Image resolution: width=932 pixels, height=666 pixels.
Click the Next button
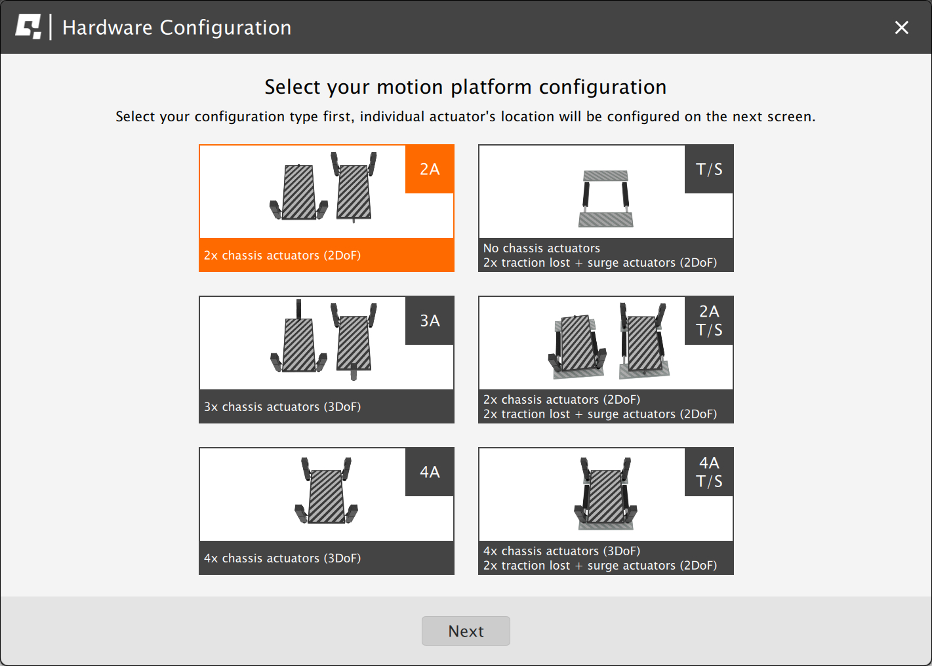[466, 631]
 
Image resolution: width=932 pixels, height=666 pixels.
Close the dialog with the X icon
[901, 28]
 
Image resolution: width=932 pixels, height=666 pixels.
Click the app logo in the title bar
[28, 27]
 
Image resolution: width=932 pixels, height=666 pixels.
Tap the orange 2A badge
[430, 168]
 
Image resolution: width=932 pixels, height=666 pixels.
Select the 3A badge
[430, 320]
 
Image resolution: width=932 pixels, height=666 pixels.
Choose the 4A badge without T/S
[430, 471]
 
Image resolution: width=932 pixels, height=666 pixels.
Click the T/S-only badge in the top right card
[709, 168]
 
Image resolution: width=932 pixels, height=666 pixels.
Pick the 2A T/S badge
[709, 320]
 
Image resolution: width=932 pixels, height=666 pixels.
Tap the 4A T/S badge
[709, 471]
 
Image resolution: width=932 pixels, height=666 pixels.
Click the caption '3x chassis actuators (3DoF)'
[282, 406]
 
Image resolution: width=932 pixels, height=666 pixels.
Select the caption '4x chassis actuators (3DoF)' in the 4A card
[282, 557]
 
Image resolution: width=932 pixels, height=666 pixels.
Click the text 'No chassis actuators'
[541, 248]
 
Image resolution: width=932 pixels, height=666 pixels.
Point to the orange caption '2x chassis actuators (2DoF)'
[282, 255]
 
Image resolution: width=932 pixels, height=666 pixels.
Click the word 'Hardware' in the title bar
[108, 28]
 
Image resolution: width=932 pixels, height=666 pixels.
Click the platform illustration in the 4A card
[326, 490]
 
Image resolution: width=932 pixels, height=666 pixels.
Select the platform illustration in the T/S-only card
[606, 199]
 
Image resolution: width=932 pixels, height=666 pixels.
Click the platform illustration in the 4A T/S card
[606, 494]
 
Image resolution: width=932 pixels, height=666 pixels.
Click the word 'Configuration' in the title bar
[226, 28]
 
